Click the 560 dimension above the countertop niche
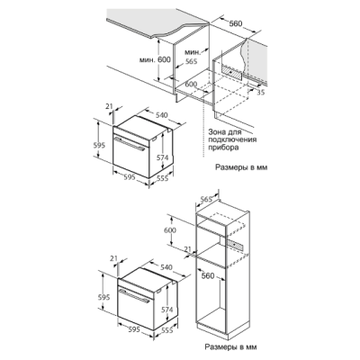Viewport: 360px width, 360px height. pos(236,23)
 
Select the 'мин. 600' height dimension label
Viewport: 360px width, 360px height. pos(155,59)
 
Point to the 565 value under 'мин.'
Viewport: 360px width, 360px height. pos(191,61)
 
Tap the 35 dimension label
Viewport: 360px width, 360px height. pos(261,93)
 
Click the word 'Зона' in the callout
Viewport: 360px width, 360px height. pos(216,131)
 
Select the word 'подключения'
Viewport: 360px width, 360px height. pos(232,139)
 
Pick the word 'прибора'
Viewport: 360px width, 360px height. pos(220,148)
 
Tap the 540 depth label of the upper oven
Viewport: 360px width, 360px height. pos(162,115)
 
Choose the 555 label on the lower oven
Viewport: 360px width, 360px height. pos(167,330)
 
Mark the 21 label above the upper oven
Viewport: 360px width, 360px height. pos(109,105)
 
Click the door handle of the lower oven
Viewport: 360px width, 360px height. pos(134,297)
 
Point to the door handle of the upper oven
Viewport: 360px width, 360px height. pos(130,143)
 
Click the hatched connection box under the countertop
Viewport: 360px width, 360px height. pos(231,73)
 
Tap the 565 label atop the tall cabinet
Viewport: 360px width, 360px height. pos(206,199)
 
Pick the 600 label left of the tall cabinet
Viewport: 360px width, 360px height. pos(170,230)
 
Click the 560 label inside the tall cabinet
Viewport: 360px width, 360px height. pos(208,275)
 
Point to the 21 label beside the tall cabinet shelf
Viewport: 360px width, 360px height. pos(187,248)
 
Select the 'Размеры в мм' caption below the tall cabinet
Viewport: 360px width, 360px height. pos(230,347)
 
